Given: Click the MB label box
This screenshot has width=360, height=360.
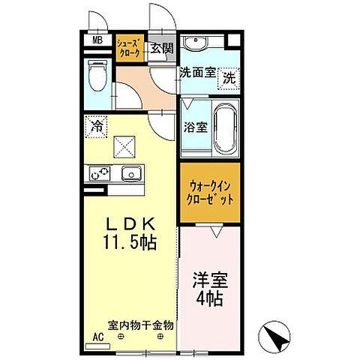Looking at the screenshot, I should pyautogui.click(x=97, y=42).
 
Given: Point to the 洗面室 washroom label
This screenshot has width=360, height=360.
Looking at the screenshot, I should pyautogui.click(x=197, y=73).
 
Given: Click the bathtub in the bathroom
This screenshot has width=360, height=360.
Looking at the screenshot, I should pyautogui.click(x=226, y=129).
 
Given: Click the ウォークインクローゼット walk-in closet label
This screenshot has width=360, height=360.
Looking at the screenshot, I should pyautogui.click(x=211, y=193).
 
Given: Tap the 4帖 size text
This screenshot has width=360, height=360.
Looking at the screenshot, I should pyautogui.click(x=211, y=298).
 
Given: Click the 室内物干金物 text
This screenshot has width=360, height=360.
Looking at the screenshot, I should pyautogui.click(x=141, y=325).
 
